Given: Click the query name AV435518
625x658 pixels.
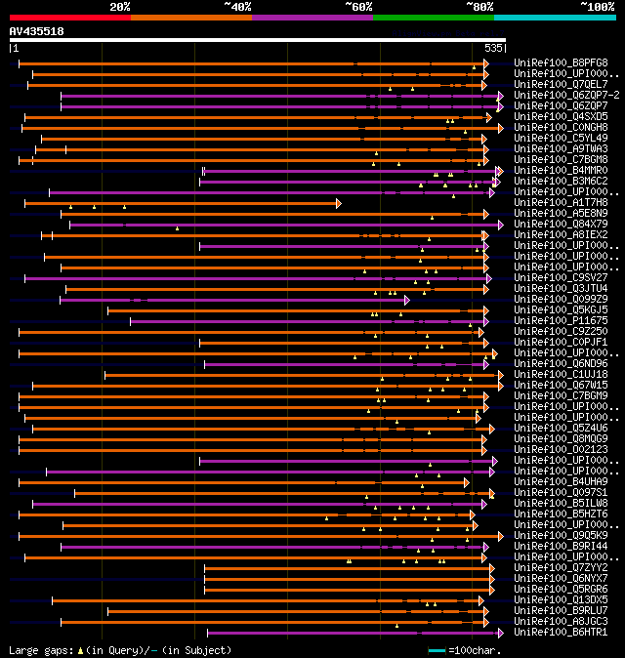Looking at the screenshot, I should (x=36, y=31).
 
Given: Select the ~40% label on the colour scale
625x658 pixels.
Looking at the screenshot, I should (x=237, y=7).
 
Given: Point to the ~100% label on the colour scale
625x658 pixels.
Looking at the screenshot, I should (x=598, y=7).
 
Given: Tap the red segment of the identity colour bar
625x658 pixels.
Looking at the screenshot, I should (x=69, y=17).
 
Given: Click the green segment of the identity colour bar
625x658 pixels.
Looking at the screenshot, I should (x=433, y=17).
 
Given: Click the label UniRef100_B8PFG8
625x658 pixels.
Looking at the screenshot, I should (x=561, y=63).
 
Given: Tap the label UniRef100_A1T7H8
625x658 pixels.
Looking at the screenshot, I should (x=561, y=202).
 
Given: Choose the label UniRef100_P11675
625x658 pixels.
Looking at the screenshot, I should (x=561, y=320).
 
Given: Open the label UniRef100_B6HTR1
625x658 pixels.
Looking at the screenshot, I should (x=561, y=632).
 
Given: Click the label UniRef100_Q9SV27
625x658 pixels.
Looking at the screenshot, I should (x=561, y=277).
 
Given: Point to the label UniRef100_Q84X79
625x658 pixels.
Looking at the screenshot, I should (x=561, y=224).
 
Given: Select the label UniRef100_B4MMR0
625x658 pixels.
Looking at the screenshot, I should (x=561, y=171).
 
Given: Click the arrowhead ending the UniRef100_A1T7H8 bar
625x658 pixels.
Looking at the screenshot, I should (x=338, y=203).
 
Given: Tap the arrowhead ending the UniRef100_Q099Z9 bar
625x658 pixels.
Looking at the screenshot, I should (x=406, y=300).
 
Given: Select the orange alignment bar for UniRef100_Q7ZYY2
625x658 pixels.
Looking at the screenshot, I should (x=342, y=568).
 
